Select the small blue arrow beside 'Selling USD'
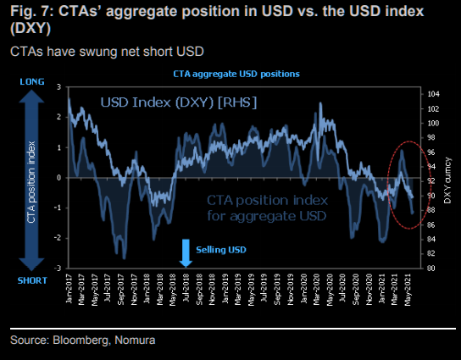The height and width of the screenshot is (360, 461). pos(187,252)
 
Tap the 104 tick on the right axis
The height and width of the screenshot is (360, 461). pos(432,93)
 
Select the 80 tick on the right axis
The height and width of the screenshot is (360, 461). pos(432,269)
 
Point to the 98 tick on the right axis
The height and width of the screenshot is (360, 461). pos(432,137)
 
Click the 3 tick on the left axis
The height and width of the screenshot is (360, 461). pos(58,86)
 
